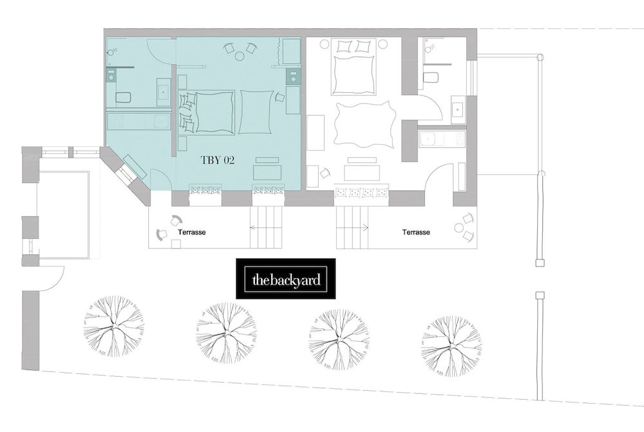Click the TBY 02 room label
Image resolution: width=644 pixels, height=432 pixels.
point(217,160)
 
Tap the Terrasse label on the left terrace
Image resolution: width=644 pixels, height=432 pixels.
point(192,232)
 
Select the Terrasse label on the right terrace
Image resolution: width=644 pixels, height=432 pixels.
point(416,232)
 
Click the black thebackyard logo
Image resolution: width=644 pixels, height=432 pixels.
point(286,278)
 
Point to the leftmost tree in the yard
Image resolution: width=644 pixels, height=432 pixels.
point(114,326)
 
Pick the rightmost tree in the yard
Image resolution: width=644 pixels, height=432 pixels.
point(451,346)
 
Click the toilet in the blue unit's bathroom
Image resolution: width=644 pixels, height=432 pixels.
point(123,97)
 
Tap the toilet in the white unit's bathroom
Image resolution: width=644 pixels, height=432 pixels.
point(431,77)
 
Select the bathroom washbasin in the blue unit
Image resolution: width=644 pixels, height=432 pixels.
point(164,93)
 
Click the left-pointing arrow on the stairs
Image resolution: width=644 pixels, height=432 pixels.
point(266,227)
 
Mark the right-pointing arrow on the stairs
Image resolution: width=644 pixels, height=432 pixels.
point(352,227)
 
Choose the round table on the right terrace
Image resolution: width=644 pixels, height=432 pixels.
point(459,227)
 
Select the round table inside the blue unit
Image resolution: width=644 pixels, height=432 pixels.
point(240,55)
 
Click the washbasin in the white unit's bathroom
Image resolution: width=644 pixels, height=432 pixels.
point(458,109)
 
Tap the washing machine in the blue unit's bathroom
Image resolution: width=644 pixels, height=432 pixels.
point(111,76)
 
